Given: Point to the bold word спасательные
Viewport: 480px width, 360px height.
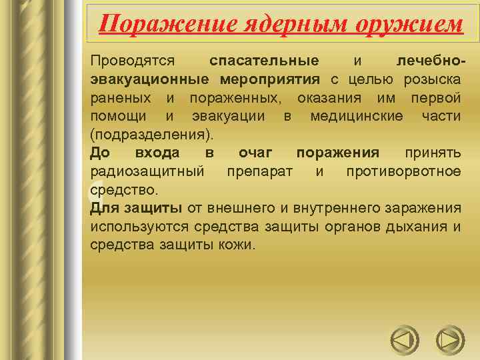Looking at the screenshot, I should pyautogui.click(x=264, y=61).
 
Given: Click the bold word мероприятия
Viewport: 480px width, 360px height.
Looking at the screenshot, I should pyautogui.click(x=270, y=79).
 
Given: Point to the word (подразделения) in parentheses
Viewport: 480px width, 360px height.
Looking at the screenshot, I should pyautogui.click(x=152, y=135).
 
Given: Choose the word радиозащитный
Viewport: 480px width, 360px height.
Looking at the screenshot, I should pyautogui.click(x=147, y=172).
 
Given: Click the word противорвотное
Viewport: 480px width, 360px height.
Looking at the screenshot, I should pyautogui.click(x=403, y=172).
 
